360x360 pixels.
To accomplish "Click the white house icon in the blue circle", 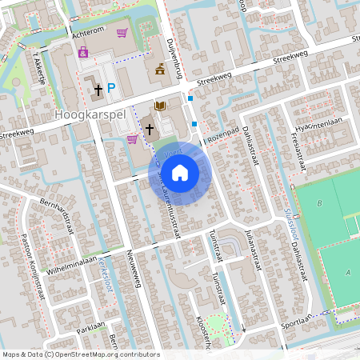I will coord(180,172).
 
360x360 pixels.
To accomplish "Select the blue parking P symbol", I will coord(112,89).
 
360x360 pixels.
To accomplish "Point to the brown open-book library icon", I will coord(160,106).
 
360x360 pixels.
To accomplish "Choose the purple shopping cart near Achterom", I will coord(122,33).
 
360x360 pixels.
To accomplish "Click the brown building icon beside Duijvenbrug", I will coord(160,70).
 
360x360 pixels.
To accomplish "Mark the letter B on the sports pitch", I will coord(320,203).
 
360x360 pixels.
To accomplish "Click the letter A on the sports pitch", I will coord(347,272).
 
